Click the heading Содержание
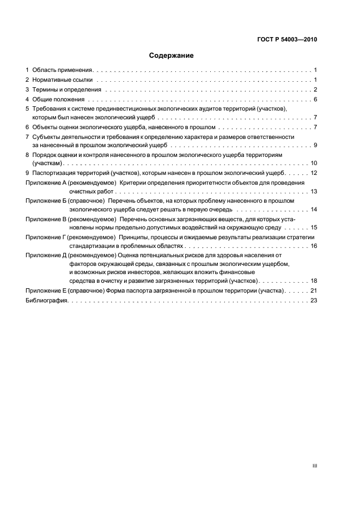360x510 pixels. click(171, 56)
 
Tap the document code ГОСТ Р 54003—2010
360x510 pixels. click(286, 40)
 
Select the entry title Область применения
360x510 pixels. click(63, 70)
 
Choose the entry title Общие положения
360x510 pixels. click(58, 100)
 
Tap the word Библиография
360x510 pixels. click(46, 300)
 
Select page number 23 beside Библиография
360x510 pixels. click(314, 300)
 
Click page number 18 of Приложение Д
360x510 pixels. click(314, 281)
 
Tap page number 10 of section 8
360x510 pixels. click(314, 163)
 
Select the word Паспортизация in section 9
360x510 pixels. click(54, 173)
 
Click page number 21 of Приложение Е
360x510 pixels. click(314, 291)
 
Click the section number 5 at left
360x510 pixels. click(27, 109)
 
